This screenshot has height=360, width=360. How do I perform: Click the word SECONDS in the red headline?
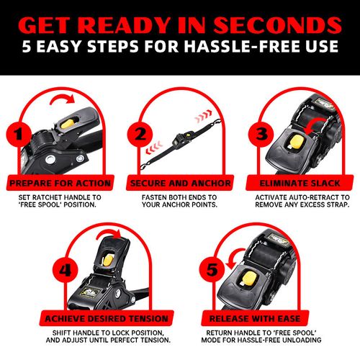[x=277, y=25]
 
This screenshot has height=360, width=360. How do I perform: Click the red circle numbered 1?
[x=19, y=135]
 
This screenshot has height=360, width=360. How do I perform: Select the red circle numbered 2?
[x=140, y=134]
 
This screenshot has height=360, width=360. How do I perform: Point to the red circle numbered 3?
[x=261, y=134]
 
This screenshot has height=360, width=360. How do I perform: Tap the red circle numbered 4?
[x=66, y=270]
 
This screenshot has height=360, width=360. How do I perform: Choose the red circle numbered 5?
[x=212, y=270]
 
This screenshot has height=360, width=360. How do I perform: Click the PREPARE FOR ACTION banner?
[x=60, y=183]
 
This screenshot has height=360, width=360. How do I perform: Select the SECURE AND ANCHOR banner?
[x=180, y=183]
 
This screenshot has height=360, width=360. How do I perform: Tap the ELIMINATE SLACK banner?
[x=300, y=183]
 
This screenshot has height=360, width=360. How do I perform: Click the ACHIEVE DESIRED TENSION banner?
[x=107, y=318]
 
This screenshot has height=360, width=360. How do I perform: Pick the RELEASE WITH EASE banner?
[x=255, y=318]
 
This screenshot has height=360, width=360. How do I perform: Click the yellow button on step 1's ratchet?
[x=68, y=124]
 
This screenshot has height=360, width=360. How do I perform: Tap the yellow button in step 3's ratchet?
[x=297, y=143]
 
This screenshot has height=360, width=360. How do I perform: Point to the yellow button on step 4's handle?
[x=108, y=261]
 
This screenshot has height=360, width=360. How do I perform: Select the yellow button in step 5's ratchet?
[x=250, y=279]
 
